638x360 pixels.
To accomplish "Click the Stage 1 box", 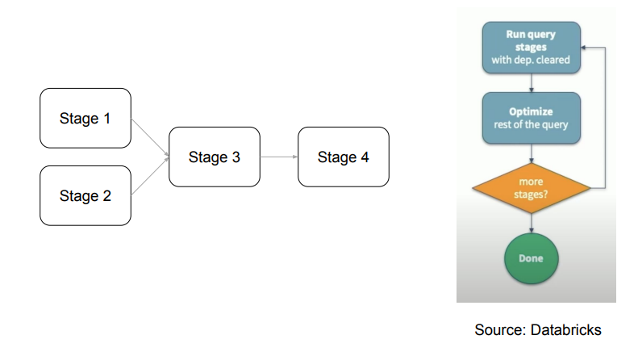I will point(85,118).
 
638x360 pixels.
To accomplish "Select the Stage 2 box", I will point(85,195).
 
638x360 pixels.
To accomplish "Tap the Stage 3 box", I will point(215,157).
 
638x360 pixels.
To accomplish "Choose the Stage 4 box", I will point(343,157).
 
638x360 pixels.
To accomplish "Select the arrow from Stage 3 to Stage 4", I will point(280,157).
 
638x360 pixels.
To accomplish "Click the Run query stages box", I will point(531,48).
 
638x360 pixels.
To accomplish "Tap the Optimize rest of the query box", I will point(531,118).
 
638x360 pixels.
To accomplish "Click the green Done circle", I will point(531,258).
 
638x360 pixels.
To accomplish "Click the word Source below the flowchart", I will point(498,329).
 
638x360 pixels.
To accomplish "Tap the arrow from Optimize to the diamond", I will point(531,153).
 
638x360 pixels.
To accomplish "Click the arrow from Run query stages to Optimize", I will point(531,83).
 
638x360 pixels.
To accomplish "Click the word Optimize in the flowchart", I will point(531,111).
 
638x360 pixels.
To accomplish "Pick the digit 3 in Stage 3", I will point(236,157).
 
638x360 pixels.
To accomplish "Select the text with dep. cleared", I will point(531,60).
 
